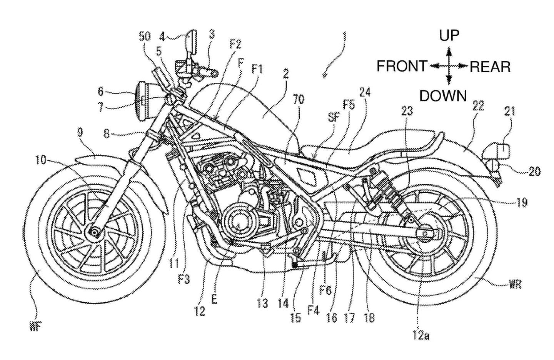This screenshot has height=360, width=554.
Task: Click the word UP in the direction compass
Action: pyautogui.click(x=449, y=35)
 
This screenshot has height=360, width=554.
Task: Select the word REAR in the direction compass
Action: pyautogui.click(x=490, y=67)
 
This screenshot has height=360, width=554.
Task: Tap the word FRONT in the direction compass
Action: pyautogui.click(x=402, y=67)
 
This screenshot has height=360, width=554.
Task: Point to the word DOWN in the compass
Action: pyautogui.click(x=443, y=96)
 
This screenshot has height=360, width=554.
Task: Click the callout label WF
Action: pyautogui.click(x=35, y=328)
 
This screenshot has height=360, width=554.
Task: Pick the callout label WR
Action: pyautogui.click(x=516, y=285)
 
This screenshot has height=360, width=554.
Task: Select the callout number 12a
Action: pyautogui.click(x=421, y=335)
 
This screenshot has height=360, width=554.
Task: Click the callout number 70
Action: pyautogui.click(x=298, y=99)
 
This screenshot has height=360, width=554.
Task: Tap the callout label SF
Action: pyautogui.click(x=334, y=117)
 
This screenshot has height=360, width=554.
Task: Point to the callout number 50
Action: pyautogui.click(x=145, y=37)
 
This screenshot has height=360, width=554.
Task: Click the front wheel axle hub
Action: pyautogui.click(x=93, y=230)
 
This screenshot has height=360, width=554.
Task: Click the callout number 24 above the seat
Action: pyautogui.click(x=365, y=92)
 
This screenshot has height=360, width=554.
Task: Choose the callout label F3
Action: pyautogui.click(x=184, y=279)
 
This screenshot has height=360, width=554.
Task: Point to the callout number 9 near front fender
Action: pyautogui.click(x=80, y=132)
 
